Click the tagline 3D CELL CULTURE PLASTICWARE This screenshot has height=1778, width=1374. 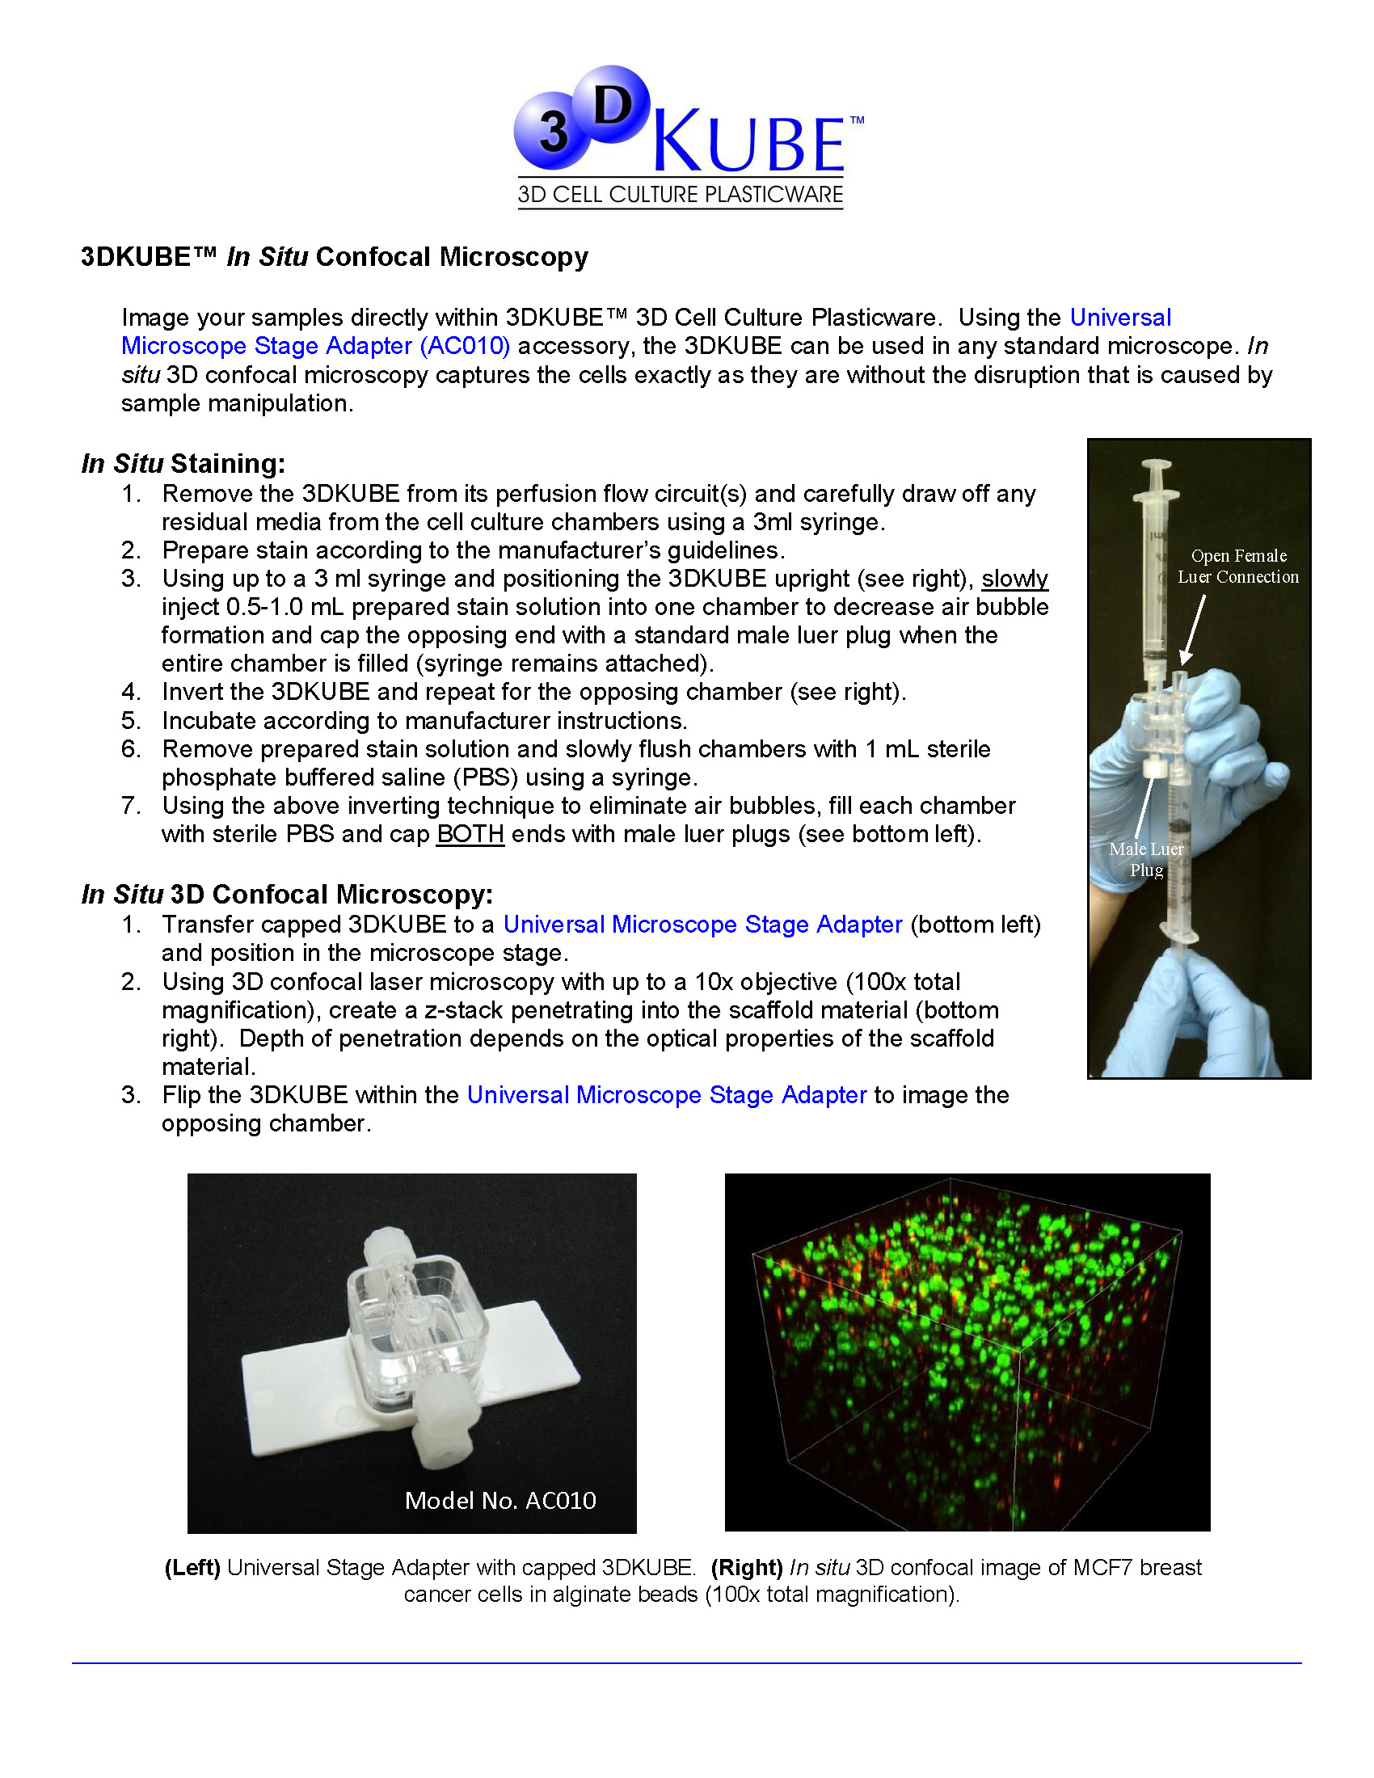[x=681, y=195]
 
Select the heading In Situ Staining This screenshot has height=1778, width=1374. [x=183, y=463]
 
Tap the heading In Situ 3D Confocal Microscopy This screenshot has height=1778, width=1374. [x=287, y=894]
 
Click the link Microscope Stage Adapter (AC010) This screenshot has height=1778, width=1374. [x=316, y=346]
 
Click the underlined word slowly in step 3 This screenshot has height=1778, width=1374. [x=1014, y=579]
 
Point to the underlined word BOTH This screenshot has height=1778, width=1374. [x=470, y=835]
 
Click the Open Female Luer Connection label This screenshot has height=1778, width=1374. [x=1238, y=566]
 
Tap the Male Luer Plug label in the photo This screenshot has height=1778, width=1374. [x=1146, y=859]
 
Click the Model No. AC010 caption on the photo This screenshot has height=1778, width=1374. [x=499, y=1501]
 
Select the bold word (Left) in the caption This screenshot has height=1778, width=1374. [x=192, y=1567]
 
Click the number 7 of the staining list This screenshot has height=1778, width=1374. [x=131, y=806]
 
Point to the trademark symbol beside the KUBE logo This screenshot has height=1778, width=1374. [x=856, y=120]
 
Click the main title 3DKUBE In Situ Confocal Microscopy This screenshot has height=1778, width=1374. [x=334, y=257]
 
